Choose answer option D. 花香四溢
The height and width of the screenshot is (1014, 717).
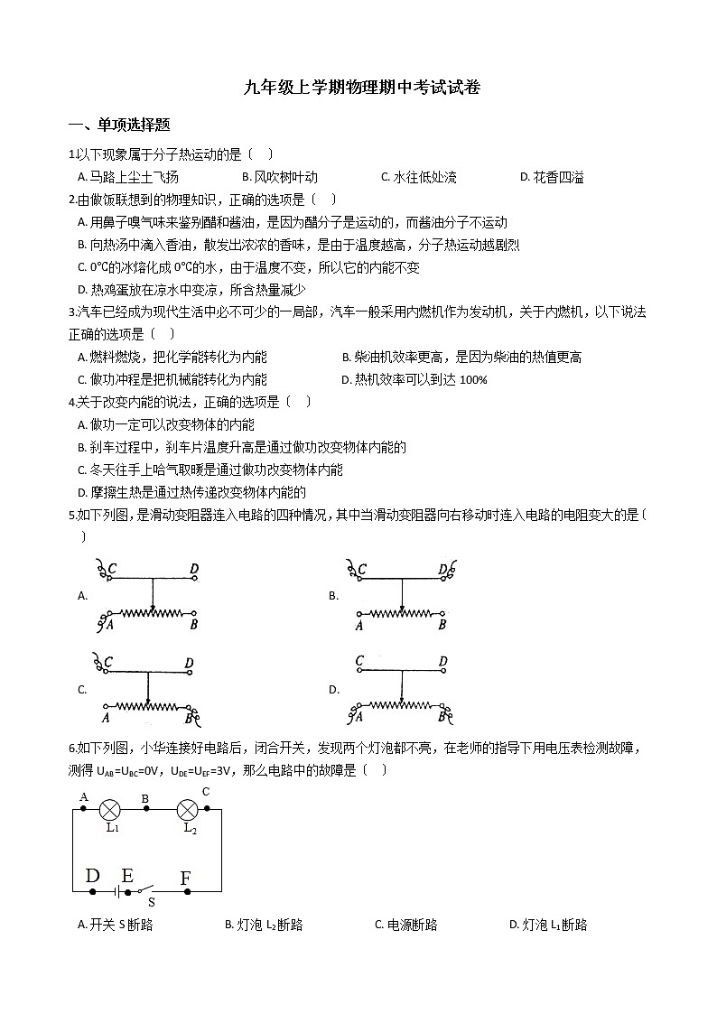click(x=552, y=177)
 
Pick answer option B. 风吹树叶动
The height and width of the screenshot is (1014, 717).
click(x=280, y=177)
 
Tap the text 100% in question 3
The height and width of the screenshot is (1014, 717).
click(x=473, y=380)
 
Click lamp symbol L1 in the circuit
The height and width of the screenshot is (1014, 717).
click(x=111, y=808)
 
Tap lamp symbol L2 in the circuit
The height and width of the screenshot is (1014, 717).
click(x=188, y=808)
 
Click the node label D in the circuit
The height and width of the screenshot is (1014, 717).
click(x=92, y=876)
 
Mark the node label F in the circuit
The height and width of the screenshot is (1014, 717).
click(x=186, y=878)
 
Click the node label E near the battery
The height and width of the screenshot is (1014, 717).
click(x=127, y=875)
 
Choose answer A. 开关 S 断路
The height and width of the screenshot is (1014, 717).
click(x=116, y=925)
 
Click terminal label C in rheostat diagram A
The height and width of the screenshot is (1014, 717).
click(x=112, y=569)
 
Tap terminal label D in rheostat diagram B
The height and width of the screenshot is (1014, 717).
click(x=442, y=570)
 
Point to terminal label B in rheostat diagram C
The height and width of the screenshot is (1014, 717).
click(x=191, y=719)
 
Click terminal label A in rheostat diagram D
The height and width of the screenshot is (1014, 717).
click(x=359, y=719)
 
